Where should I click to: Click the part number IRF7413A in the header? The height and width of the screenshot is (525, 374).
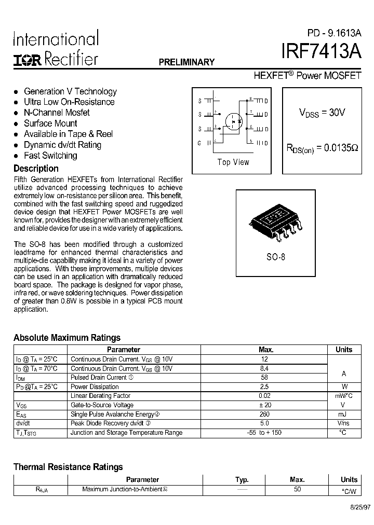[320, 53]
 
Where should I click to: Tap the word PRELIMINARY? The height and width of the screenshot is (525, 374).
[186, 62]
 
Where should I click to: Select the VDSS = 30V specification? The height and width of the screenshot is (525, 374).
[322, 113]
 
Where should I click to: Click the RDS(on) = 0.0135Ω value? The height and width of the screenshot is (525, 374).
[323, 148]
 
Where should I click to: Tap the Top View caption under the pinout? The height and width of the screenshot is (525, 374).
[233, 162]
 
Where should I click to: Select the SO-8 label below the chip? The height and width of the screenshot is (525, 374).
[276, 257]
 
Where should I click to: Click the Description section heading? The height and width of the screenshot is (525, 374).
[36, 168]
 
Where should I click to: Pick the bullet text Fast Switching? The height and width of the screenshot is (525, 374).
[50, 156]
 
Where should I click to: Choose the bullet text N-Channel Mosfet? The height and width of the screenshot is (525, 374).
[57, 113]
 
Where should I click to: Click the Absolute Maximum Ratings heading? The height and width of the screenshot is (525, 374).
[67, 338]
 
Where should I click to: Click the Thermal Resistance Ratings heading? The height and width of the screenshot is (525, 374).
[68, 467]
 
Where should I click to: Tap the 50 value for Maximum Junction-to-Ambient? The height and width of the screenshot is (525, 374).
[297, 489]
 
